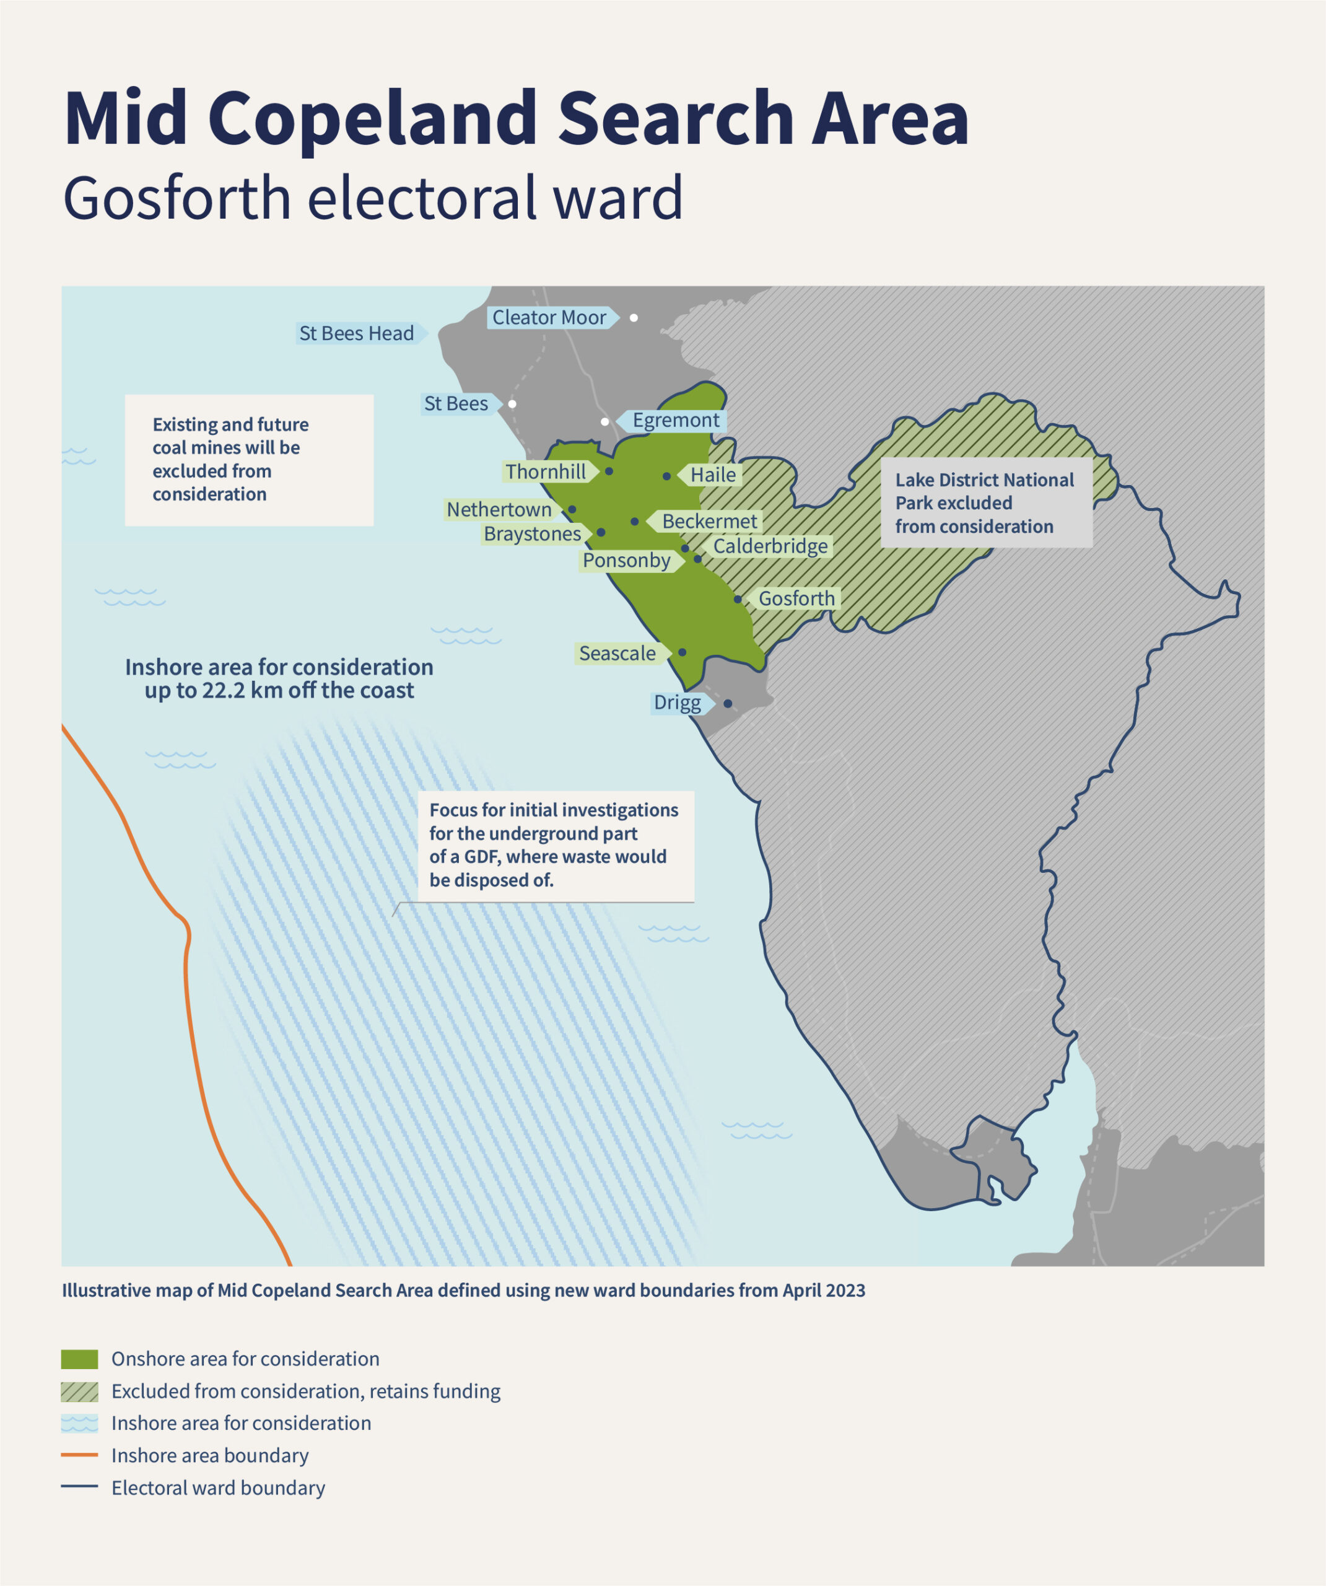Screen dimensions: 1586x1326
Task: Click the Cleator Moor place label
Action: coord(549,318)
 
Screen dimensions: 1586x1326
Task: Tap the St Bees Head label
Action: coord(356,334)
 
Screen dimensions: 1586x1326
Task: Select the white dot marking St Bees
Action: coord(512,404)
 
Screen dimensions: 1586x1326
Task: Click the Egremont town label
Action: coord(675,421)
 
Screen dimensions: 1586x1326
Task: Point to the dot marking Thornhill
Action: coord(609,471)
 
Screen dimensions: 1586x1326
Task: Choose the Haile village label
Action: coord(712,475)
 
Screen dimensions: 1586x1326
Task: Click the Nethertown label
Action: coord(499,510)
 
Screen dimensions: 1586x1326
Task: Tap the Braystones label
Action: coord(533,534)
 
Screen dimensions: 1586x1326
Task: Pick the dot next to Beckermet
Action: coord(634,522)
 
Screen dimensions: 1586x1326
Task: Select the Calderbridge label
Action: coord(770,546)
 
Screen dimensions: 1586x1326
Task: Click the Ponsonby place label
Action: coord(626,561)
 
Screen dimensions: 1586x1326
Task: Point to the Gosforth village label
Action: coord(796,599)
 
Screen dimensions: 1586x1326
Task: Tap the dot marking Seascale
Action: coord(682,652)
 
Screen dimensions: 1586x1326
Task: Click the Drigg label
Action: coord(678,703)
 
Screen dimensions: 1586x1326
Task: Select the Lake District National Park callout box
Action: coord(985,503)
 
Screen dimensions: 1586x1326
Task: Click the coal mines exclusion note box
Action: coord(248,460)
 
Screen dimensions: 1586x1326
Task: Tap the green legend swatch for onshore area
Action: coord(79,1359)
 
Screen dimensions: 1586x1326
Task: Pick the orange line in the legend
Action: coord(79,1455)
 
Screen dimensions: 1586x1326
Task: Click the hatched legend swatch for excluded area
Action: coord(79,1392)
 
